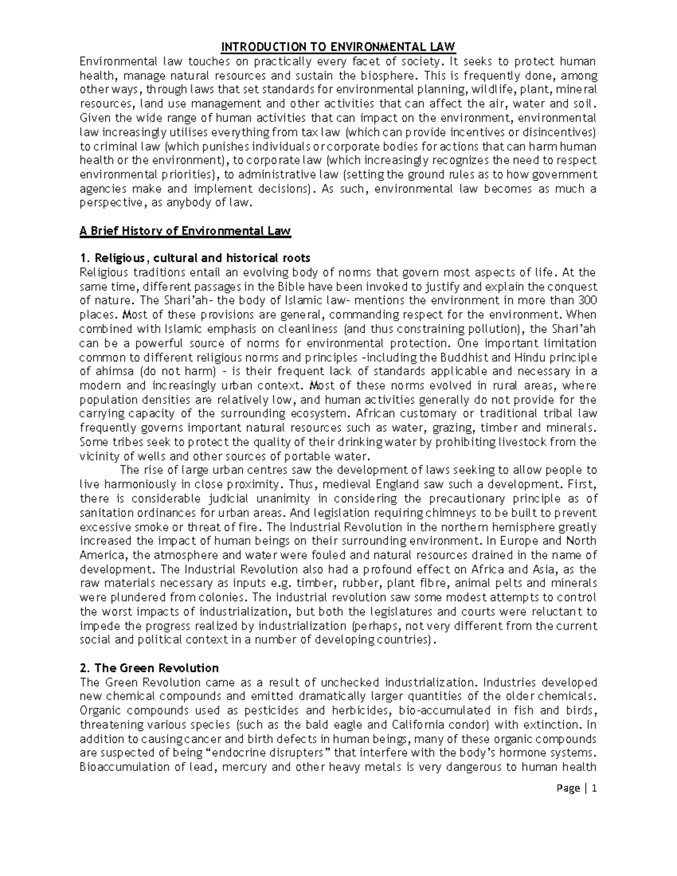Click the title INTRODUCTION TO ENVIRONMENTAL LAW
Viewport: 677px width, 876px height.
[x=337, y=46]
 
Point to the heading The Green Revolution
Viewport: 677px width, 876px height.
[x=149, y=668]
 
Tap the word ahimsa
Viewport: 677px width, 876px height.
[x=111, y=372]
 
